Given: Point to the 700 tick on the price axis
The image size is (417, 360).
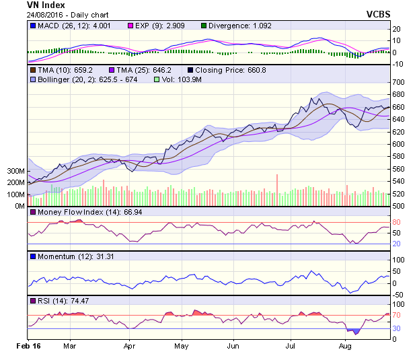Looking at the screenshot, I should click(x=400, y=81).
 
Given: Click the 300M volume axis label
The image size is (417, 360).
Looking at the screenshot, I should click(x=15, y=171).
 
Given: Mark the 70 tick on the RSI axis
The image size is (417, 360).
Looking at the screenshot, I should click(x=397, y=314).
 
